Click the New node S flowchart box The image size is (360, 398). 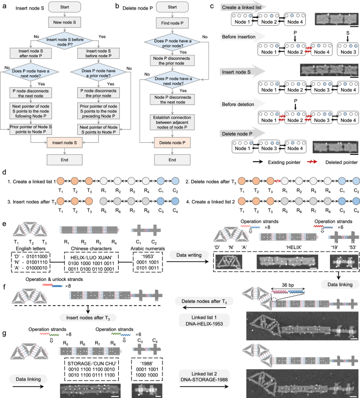point(64,23)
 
